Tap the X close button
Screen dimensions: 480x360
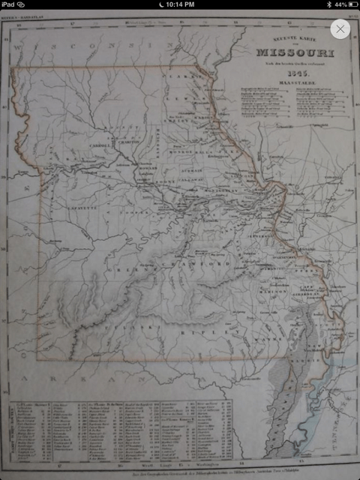[340, 29]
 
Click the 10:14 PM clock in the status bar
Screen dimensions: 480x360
[180, 4]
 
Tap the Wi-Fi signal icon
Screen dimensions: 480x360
[30, 4]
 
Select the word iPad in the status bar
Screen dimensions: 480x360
[12, 4]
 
